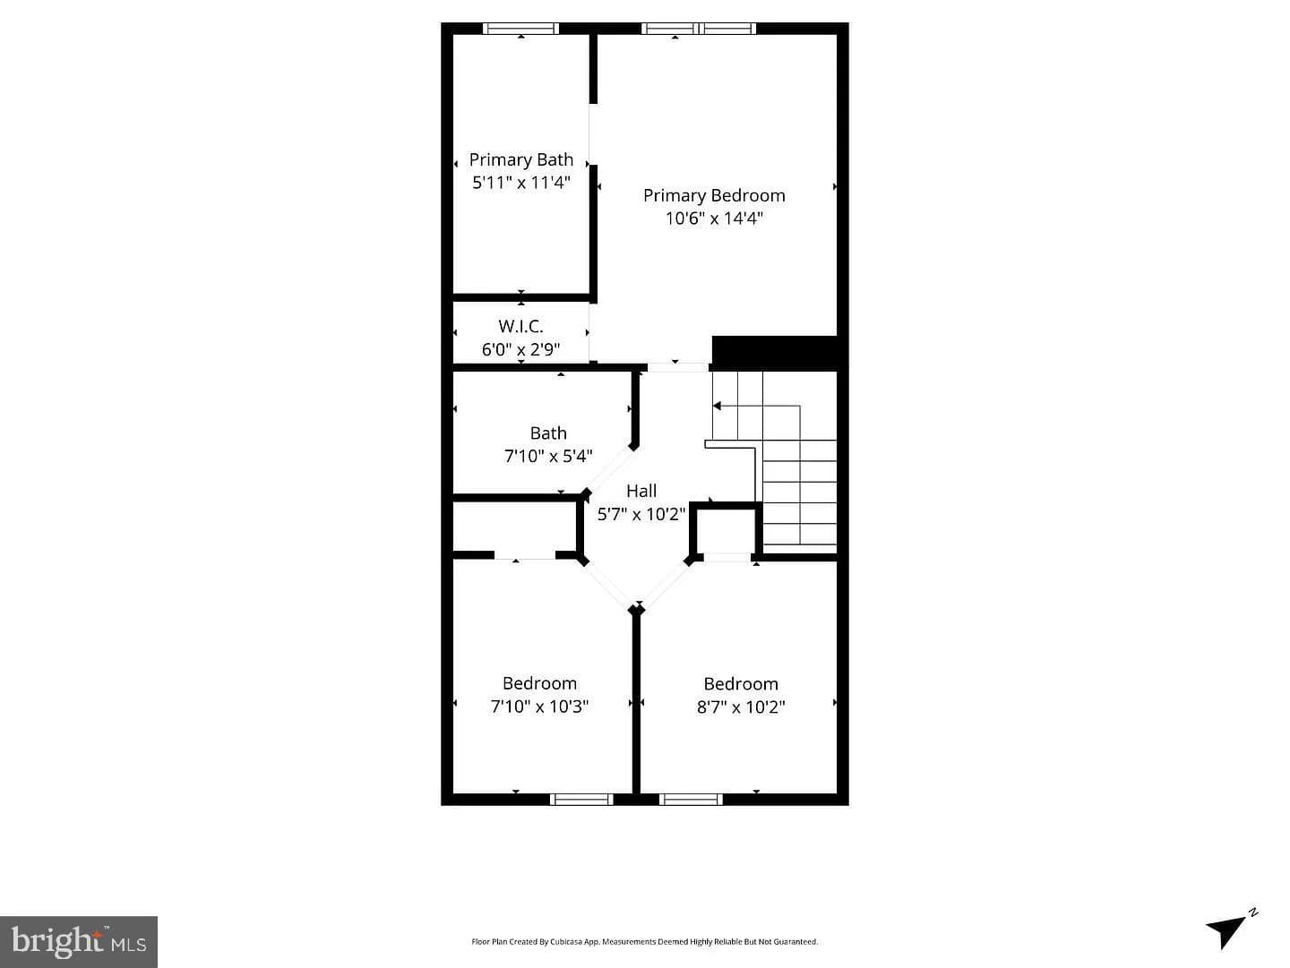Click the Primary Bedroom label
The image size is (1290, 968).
(x=714, y=195)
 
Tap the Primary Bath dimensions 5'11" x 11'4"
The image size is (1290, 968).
(x=521, y=183)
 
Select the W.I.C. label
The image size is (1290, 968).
(x=520, y=326)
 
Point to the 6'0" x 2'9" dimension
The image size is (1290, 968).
(x=520, y=349)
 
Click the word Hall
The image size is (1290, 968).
(x=641, y=491)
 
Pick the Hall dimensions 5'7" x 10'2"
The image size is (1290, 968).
(x=641, y=515)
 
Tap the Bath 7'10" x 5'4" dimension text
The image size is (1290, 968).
(x=548, y=456)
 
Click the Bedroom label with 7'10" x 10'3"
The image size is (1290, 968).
(x=539, y=683)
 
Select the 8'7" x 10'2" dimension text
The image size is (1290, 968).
(x=741, y=707)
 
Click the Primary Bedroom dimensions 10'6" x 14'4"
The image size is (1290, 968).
(x=714, y=218)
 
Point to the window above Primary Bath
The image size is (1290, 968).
(x=520, y=28)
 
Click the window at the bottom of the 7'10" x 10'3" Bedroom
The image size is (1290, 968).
(x=581, y=799)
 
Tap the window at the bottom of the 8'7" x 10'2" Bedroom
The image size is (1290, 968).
(x=691, y=799)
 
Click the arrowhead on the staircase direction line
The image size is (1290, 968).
(x=717, y=406)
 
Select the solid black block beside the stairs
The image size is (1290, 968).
(x=774, y=353)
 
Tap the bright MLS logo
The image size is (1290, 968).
(x=79, y=941)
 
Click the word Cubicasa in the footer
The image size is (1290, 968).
(x=563, y=941)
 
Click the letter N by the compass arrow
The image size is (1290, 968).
(x=1252, y=912)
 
